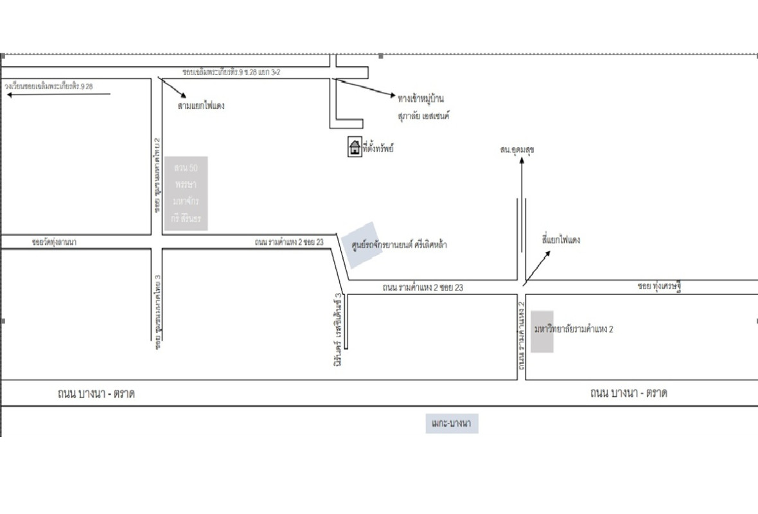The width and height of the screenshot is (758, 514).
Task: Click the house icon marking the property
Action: [x=354, y=147]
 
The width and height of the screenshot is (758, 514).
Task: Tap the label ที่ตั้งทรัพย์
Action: [x=378, y=148]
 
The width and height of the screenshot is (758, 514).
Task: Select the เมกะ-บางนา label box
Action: [x=452, y=423]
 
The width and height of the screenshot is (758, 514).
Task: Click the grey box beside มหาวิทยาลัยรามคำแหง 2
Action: [x=542, y=332]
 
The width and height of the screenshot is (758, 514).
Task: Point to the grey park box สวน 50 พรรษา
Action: [x=186, y=193]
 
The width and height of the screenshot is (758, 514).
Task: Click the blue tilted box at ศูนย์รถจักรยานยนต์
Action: [x=362, y=244]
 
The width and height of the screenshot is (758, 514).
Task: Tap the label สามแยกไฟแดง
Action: [x=201, y=105]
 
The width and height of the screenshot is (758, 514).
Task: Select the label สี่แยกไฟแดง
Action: [x=561, y=240]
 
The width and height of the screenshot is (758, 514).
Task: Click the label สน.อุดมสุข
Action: [x=517, y=150]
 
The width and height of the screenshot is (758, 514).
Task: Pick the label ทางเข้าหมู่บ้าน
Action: [x=421, y=98]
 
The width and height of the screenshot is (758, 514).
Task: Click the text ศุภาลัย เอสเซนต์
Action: [x=423, y=116]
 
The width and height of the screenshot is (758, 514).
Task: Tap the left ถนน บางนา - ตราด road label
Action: [x=96, y=393]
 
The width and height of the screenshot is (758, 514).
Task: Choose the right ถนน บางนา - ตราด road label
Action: [x=628, y=393]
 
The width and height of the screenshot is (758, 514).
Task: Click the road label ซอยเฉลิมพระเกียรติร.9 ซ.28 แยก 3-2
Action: [x=231, y=73]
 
